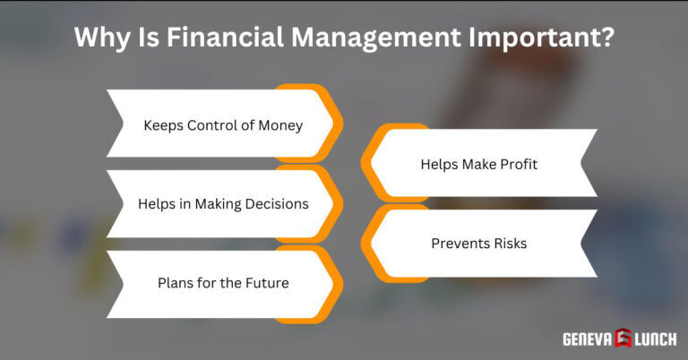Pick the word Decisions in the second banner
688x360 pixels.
tap(271, 204)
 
